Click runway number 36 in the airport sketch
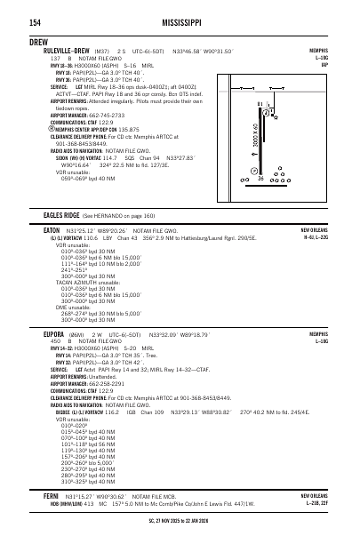coord(260,179)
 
